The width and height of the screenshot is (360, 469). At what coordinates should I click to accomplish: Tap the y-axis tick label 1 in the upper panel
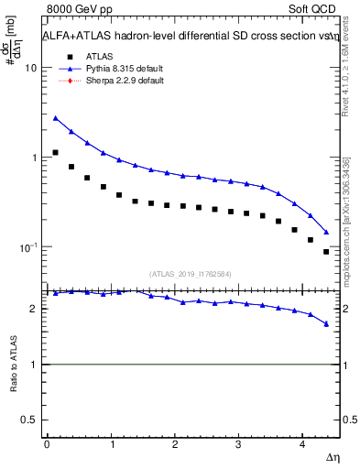[35, 158]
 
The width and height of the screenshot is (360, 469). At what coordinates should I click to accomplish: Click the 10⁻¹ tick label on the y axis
[29, 248]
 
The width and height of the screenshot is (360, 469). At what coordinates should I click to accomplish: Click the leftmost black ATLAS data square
[55, 153]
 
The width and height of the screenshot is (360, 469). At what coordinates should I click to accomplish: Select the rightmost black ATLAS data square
[326, 251]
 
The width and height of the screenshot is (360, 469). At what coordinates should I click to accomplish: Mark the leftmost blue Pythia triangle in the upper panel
[55, 118]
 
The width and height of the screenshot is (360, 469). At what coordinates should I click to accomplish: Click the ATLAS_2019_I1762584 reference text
[191, 273]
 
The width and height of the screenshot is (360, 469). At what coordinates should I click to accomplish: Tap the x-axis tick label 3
[238, 443]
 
